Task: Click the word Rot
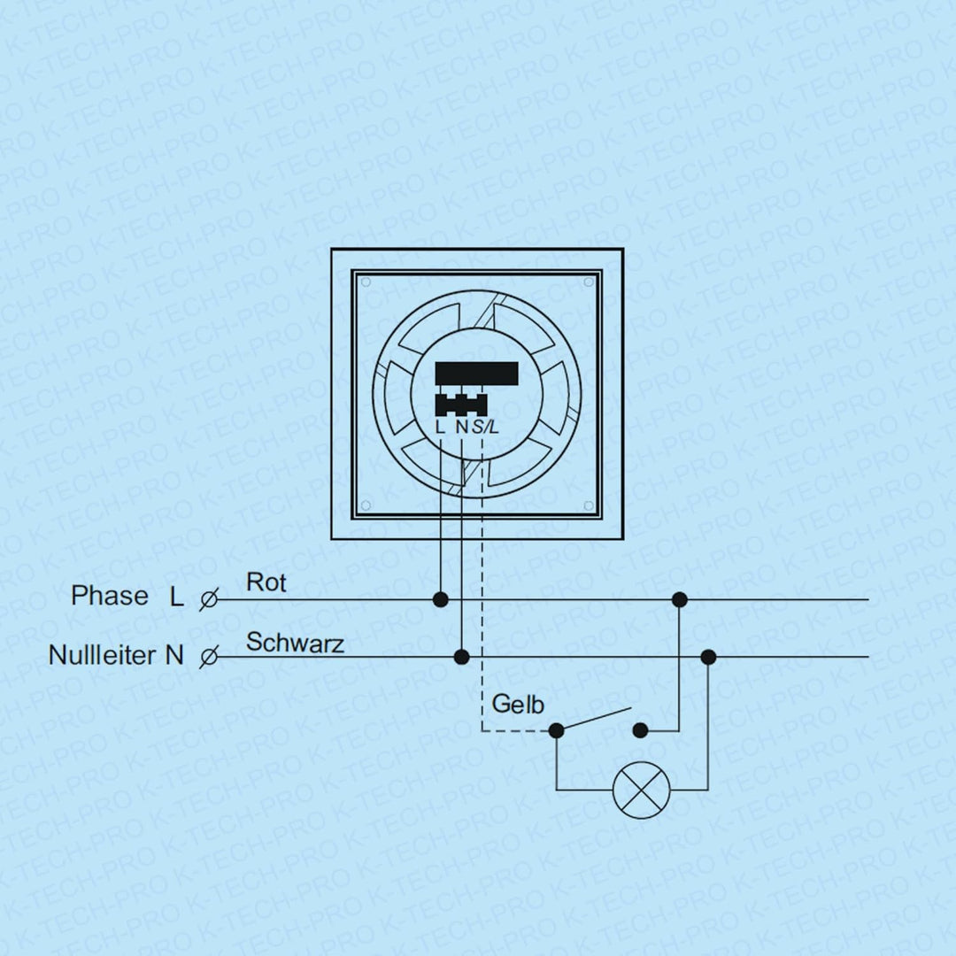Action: click(266, 582)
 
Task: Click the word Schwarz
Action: click(295, 643)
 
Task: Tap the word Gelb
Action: click(518, 705)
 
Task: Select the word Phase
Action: click(110, 596)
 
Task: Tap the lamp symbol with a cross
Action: click(641, 790)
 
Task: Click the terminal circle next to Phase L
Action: click(209, 599)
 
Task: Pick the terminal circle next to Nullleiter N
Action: click(209, 657)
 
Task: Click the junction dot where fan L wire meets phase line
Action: click(440, 599)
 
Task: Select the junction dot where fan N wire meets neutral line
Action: click(462, 657)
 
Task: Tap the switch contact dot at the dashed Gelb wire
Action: click(556, 730)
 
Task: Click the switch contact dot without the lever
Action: click(640, 730)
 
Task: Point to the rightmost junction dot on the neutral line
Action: click(708, 657)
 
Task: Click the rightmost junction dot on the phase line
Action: click(679, 599)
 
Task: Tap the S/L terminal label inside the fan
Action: click(485, 427)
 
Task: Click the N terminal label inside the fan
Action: click(462, 427)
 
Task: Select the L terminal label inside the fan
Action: click(440, 427)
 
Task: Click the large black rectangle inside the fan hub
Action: click(477, 374)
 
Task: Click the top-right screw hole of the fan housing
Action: click(589, 281)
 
